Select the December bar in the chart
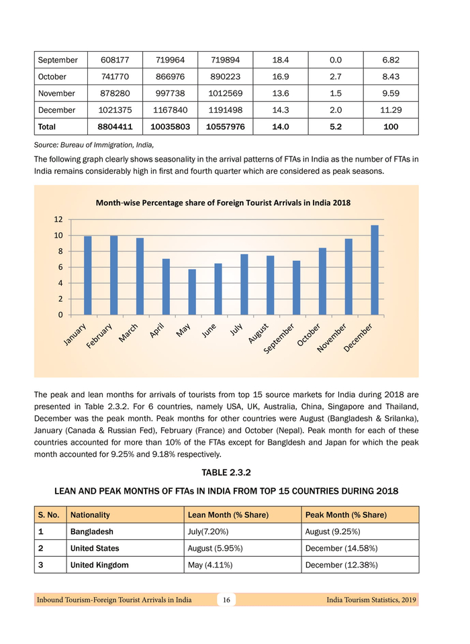coord(375,270)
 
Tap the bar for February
coord(114,275)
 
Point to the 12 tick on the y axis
coord(58,219)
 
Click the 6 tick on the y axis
coord(58,267)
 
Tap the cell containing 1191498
coord(225,110)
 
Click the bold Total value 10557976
coord(225,127)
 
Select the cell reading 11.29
coord(390,110)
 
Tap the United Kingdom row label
coord(99,565)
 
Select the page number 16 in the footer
coord(227,600)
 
